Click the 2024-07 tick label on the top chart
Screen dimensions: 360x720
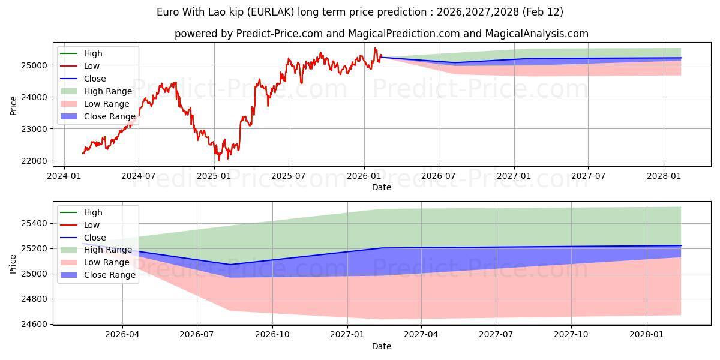click(139, 175)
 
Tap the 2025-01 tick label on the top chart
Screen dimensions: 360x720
click(214, 175)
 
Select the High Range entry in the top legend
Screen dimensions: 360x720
click(107, 91)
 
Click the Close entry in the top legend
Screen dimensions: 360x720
click(95, 79)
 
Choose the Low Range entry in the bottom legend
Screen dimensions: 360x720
click(106, 262)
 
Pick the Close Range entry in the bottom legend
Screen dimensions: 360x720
click(109, 275)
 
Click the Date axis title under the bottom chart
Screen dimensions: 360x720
click(381, 346)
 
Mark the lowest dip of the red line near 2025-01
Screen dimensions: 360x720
click(219, 160)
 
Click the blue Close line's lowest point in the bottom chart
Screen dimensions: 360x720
click(230, 265)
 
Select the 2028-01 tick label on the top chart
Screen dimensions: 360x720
click(664, 175)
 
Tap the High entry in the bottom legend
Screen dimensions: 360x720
click(93, 212)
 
